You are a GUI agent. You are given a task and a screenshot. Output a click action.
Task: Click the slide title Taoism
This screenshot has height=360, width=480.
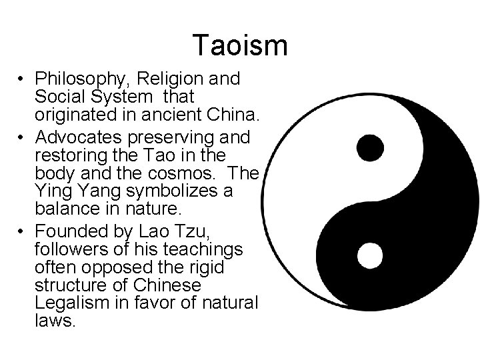tap(240, 45)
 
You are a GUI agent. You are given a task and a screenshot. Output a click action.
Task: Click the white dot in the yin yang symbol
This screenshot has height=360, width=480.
tap(370, 255)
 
